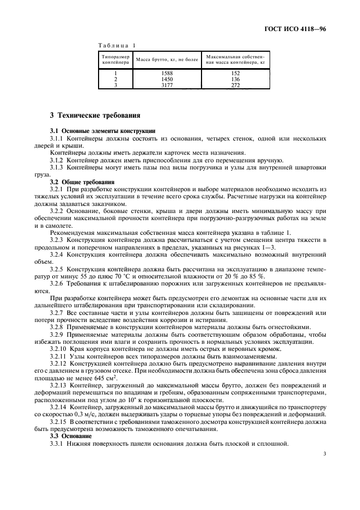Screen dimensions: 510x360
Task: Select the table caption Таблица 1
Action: [117, 46]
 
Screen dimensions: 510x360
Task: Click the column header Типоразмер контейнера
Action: [115, 59]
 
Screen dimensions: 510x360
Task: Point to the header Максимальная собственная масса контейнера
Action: [235, 59]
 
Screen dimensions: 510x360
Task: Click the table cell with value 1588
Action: [167, 73]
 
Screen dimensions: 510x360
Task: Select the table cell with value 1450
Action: [167, 79]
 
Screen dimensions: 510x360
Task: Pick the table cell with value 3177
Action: [167, 85]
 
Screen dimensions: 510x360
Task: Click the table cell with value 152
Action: [235, 73]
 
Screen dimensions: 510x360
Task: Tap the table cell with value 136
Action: [235, 79]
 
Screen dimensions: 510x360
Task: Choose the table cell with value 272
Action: [235, 85]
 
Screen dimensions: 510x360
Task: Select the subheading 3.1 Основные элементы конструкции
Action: [102, 131]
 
